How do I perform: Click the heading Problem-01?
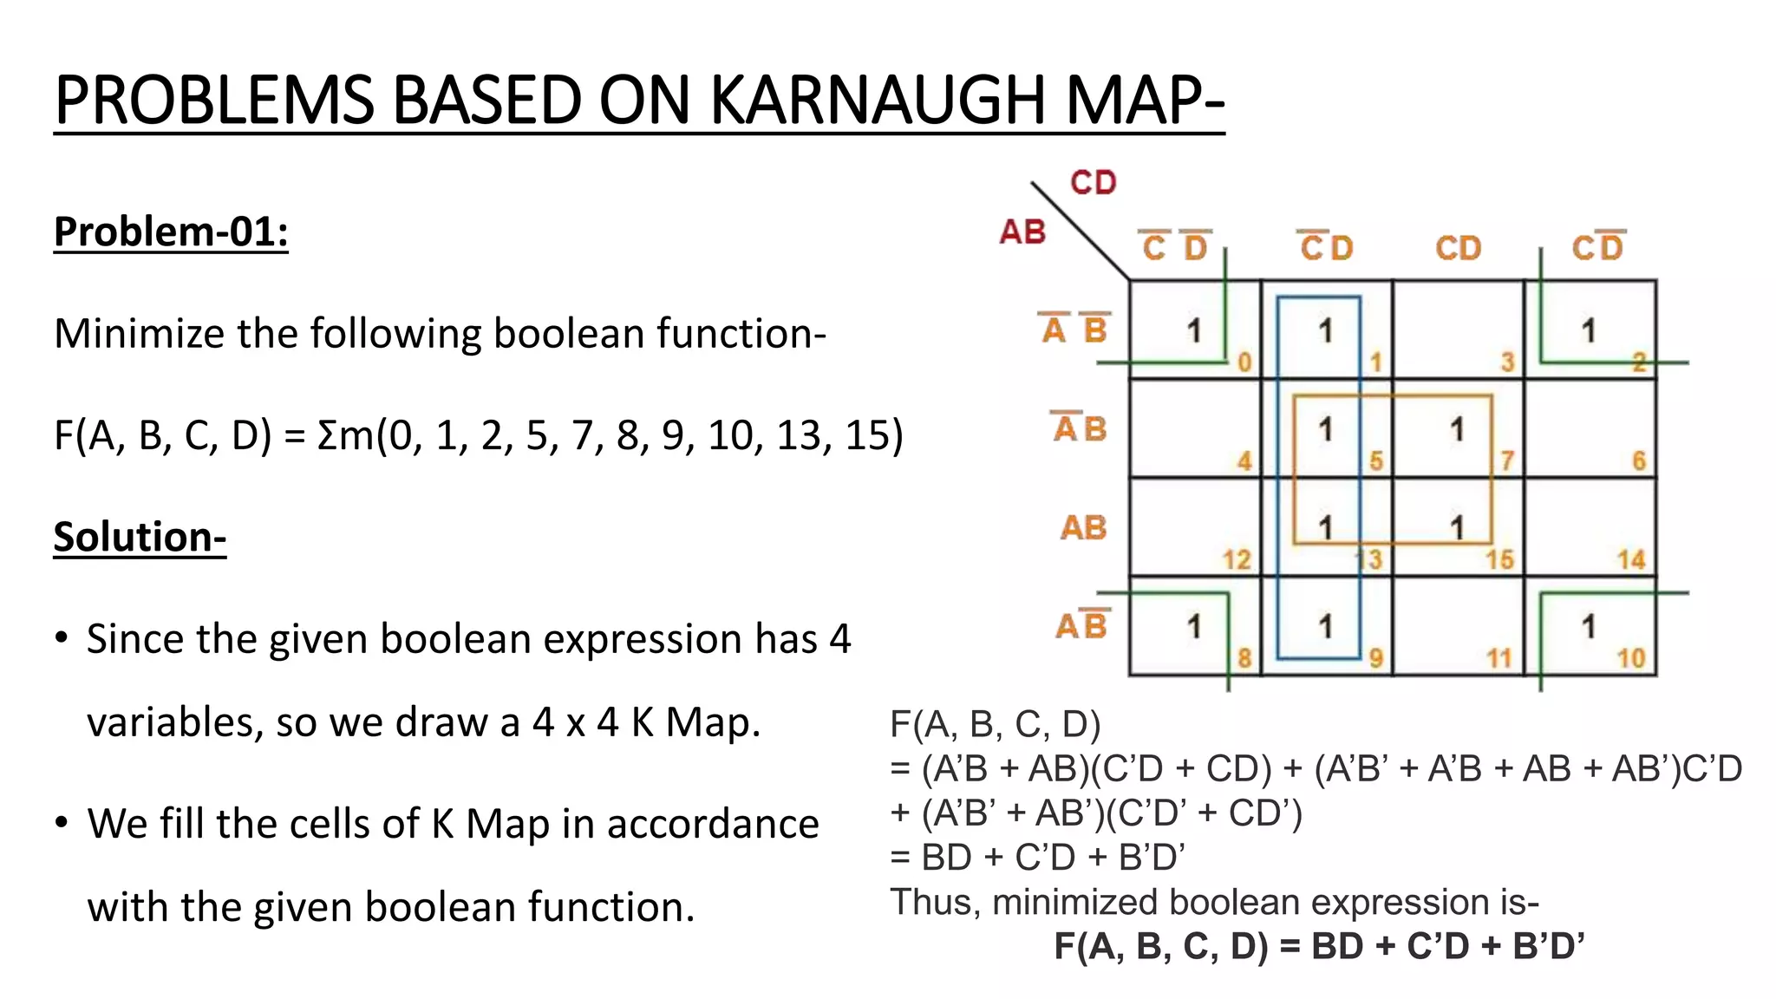[171, 232]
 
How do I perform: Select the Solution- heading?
[140, 537]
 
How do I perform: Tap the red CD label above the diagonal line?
[1093, 183]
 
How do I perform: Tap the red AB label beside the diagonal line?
[1022, 232]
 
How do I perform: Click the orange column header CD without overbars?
[1458, 249]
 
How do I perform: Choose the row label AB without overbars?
[1083, 527]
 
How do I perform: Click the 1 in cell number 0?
[1194, 330]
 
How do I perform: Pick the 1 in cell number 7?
[1457, 429]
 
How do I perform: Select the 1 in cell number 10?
[1588, 626]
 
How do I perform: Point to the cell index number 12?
[1237, 559]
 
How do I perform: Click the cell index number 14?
[1630, 559]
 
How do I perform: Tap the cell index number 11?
[1499, 658]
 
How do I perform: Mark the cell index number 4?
[1244, 460]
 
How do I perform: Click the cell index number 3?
[1507, 362]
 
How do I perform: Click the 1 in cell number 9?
[1325, 626]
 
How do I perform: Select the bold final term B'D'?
[1548, 946]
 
